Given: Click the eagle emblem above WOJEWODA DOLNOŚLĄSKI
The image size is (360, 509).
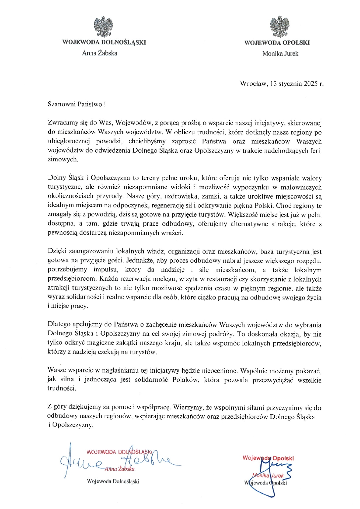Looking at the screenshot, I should tap(104, 27).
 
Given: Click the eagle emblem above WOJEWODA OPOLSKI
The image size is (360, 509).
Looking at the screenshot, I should tap(279, 27).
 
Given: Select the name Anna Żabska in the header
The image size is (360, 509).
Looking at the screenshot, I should tap(99, 53).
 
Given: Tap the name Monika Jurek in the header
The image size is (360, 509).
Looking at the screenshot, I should tap(280, 53).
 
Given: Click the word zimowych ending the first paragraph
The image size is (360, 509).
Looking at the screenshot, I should tap(63, 160).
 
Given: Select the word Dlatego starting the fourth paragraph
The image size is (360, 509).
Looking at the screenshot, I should tap(59, 325).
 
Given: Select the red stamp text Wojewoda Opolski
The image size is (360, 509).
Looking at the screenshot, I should tap(268, 458).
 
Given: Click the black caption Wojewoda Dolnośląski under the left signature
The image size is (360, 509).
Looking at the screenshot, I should tap(113, 481).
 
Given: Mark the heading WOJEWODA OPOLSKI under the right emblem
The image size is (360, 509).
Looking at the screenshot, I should tap(277, 43).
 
